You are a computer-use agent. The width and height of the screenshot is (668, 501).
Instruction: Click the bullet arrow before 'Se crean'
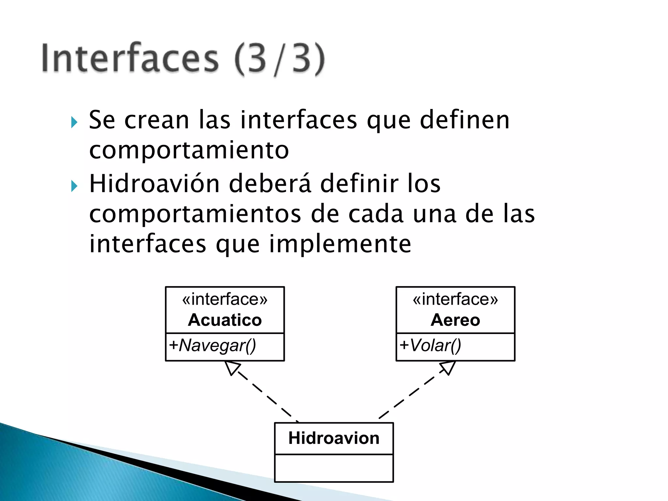pyautogui.click(x=74, y=123)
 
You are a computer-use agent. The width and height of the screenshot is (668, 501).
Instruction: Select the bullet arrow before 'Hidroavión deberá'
pyautogui.click(x=74, y=186)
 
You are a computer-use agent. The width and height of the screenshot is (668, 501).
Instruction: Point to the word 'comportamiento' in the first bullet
pyautogui.click(x=189, y=150)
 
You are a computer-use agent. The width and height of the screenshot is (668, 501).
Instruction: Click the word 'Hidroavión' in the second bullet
pyautogui.click(x=155, y=184)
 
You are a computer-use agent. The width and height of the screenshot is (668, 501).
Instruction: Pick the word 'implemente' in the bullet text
pyautogui.click(x=340, y=244)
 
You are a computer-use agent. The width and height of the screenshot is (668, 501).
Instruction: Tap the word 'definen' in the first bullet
pyautogui.click(x=464, y=120)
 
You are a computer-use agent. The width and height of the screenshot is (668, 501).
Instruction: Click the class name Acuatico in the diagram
pyautogui.click(x=225, y=320)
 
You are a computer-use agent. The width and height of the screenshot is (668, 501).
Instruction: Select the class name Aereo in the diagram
pyautogui.click(x=455, y=320)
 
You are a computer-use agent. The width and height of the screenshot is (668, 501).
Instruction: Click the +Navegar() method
pyautogui.click(x=213, y=345)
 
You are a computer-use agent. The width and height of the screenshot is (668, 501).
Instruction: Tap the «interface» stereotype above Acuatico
pyautogui.click(x=225, y=299)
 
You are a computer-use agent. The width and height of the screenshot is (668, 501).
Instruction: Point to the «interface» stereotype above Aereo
pyautogui.click(x=455, y=299)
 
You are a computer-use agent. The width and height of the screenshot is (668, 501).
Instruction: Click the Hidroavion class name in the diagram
pyautogui.click(x=334, y=438)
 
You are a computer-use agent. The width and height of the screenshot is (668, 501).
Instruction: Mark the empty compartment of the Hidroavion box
pyautogui.click(x=334, y=468)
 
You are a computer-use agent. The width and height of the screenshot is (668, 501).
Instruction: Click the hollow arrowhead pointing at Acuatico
pyautogui.click(x=232, y=368)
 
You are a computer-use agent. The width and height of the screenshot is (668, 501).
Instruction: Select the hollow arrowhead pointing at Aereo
pyautogui.click(x=448, y=368)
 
